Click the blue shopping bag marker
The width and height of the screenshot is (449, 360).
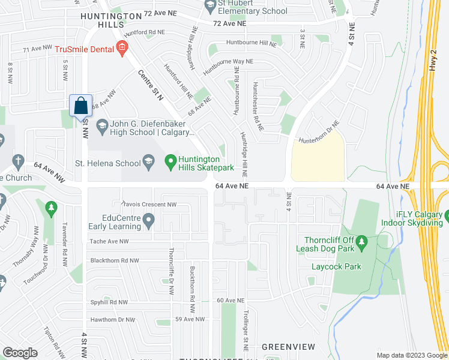(80, 106)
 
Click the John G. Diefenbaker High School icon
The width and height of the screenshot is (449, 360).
(101, 125)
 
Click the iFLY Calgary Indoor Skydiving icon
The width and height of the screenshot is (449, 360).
(448, 215)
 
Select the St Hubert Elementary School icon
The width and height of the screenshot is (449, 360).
(210, 7)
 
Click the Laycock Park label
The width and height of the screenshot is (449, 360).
(336, 266)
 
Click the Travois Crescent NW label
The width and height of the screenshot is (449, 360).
(149, 205)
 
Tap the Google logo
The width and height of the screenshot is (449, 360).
(20, 352)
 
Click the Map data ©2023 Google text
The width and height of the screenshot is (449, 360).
(412, 355)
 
